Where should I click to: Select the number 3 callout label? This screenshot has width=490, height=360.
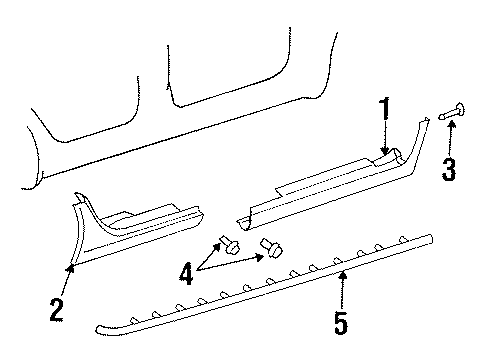449,169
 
